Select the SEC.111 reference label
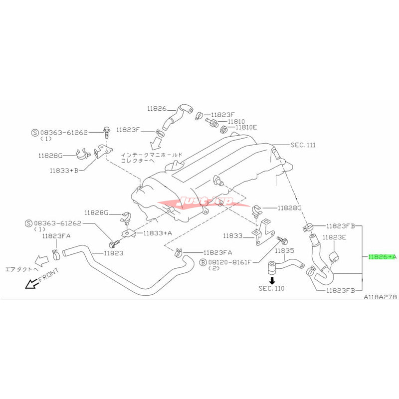coord(303,145)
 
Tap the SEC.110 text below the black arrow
coord(272,288)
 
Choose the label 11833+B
coord(63,171)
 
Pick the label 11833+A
coord(158,233)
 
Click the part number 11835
coord(285,250)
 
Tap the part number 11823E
coord(334,238)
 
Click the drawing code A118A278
coord(380,296)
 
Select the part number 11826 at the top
coord(156,108)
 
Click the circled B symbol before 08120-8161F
coord(203,261)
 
